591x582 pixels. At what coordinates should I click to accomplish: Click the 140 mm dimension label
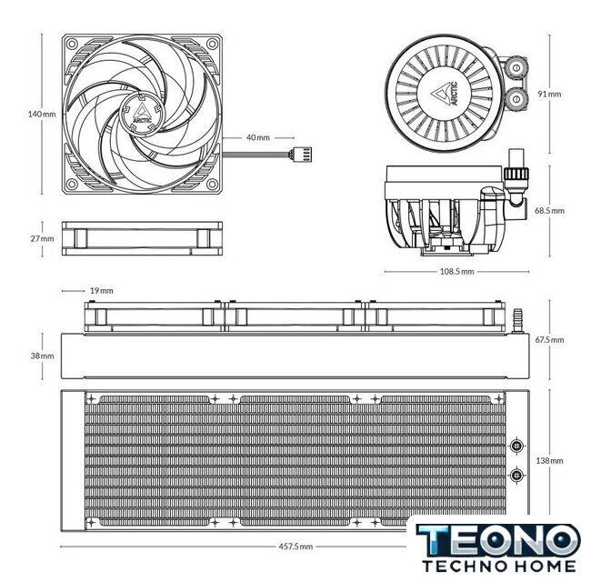coord(42,114)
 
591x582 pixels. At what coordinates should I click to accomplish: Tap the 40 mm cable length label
coord(258,137)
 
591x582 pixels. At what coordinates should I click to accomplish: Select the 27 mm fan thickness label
coord(42,238)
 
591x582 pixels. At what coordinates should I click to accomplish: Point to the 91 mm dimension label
coord(549,94)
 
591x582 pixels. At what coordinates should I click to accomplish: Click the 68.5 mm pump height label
coord(549,210)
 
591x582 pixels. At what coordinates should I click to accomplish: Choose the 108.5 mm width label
coord(456,271)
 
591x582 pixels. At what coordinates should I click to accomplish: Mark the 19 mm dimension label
coord(102,291)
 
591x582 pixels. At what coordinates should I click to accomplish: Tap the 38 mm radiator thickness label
coord(42,356)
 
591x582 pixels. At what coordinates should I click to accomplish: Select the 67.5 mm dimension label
coord(549,339)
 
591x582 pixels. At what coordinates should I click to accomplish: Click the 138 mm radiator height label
coord(549,461)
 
